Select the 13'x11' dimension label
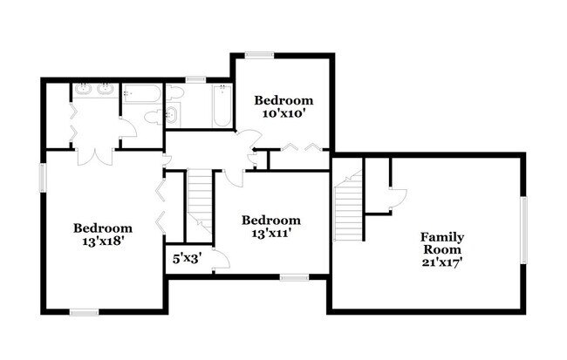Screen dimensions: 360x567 pos(271,233)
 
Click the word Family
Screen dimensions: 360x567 pos(442,237)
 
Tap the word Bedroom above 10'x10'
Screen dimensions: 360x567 pos(280,99)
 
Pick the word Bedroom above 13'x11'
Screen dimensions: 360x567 pos(271,220)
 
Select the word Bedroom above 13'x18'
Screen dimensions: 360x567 pos(103,228)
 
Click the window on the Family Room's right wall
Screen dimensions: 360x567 pos(524,228)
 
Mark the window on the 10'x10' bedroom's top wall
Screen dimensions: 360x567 pos(259,55)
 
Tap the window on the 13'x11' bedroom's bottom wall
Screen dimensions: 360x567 pos(293,278)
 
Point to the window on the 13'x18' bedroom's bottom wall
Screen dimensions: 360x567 pos(84,310)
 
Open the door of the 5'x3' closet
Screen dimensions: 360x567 pos(220,259)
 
